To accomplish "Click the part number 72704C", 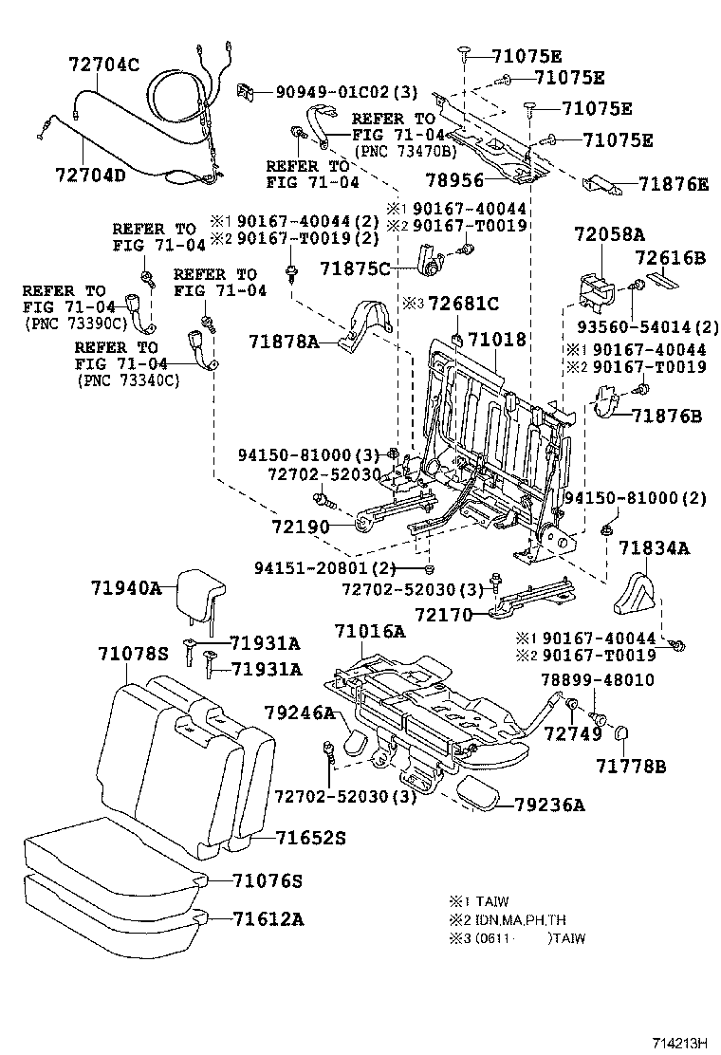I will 103,65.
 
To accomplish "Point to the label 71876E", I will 673,184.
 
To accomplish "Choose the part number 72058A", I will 609,234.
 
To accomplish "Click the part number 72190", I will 299,526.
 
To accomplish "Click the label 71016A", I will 369,631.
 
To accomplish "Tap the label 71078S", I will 133,652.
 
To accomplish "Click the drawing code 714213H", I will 679,1043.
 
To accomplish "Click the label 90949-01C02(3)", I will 346,92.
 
